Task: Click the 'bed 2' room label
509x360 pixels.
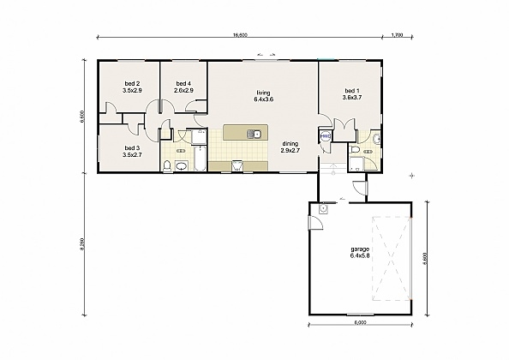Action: pos(132,83)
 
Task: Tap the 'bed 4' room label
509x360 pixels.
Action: pos(183,83)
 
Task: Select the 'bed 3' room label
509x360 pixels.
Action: pos(132,148)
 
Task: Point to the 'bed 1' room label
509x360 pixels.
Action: pos(352,91)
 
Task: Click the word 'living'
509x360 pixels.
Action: pos(263,93)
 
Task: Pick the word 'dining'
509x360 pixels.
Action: pos(290,143)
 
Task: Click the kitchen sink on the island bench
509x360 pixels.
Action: pos(254,134)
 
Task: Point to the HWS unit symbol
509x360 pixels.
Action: pos(326,136)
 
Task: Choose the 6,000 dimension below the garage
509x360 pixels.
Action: pos(360,323)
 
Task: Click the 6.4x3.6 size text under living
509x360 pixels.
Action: pos(263,100)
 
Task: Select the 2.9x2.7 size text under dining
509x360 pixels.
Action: pos(290,151)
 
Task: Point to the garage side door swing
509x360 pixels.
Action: pos(315,224)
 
